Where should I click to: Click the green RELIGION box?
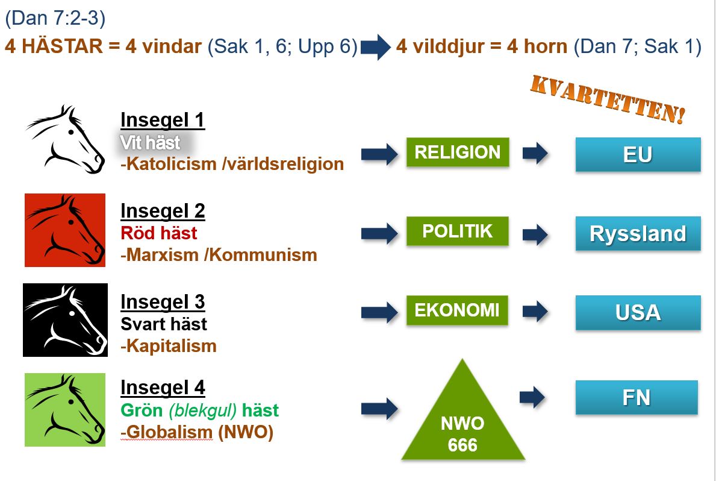pyautogui.click(x=458, y=152)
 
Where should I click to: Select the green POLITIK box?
pyautogui.click(x=458, y=231)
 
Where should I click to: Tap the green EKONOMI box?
pyautogui.click(x=457, y=310)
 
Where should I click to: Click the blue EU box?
pyautogui.click(x=638, y=154)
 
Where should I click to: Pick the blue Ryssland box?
pyautogui.click(x=638, y=234)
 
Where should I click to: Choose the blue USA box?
pyautogui.click(x=638, y=313)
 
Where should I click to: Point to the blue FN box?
pyautogui.click(x=637, y=397)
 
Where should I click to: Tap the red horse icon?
pyautogui.click(x=65, y=230)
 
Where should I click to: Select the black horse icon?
pyautogui.click(x=65, y=320)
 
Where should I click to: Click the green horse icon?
pyautogui.click(x=65, y=410)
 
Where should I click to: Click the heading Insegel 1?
pyautogui.click(x=163, y=121)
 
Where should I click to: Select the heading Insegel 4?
pyautogui.click(x=163, y=388)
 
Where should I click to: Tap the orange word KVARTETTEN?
pyautogui.click(x=608, y=99)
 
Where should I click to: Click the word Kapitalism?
pyautogui.click(x=172, y=346)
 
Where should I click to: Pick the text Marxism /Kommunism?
pyautogui.click(x=222, y=255)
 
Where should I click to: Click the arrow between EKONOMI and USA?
pyautogui.click(x=535, y=311)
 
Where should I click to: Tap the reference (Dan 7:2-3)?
pyautogui.click(x=55, y=18)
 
